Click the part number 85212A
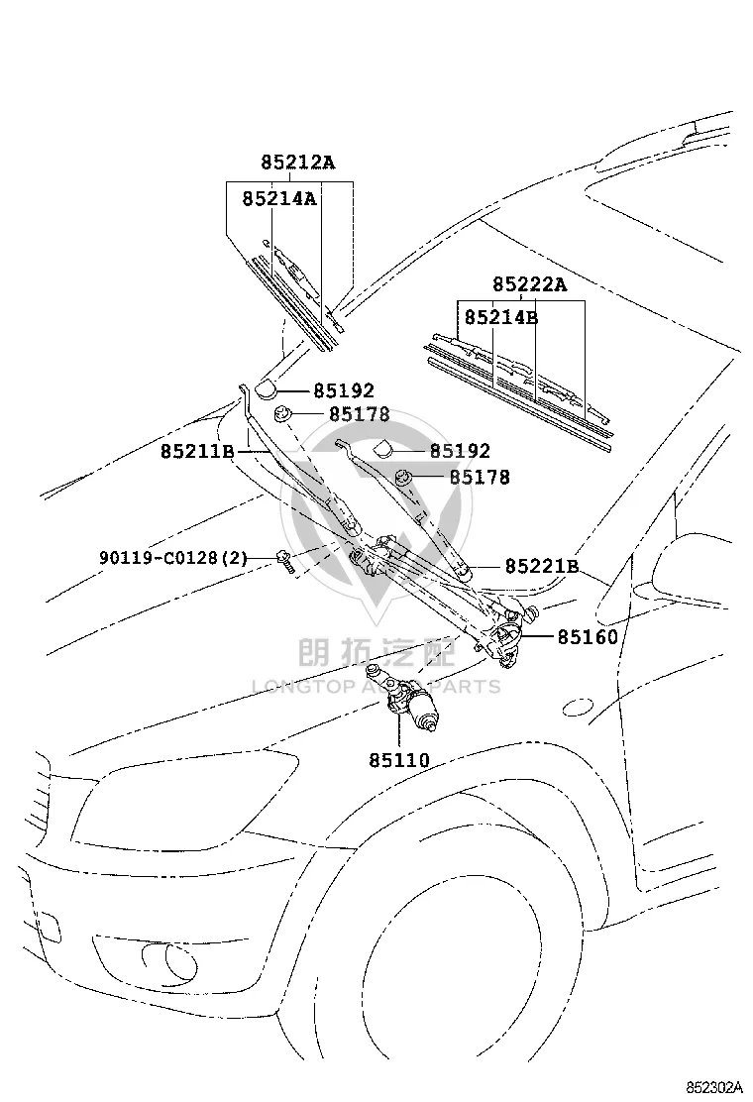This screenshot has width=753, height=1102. point(298,163)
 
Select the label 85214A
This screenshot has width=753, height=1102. point(279,199)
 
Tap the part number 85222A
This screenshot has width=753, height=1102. point(530,284)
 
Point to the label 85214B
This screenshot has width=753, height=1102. point(501,318)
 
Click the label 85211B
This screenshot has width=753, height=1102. point(197,451)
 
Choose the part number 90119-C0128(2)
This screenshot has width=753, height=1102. point(173,558)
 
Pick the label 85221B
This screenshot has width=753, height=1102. point(542,566)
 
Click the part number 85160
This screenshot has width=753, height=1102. point(588,637)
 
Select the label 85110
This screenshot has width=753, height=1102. point(399,760)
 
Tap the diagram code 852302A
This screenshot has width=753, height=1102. point(715,1086)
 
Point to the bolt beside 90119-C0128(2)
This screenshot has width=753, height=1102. point(285,561)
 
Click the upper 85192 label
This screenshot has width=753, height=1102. point(344,390)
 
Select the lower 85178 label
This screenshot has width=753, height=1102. point(480,478)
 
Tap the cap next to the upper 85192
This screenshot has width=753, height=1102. point(267,388)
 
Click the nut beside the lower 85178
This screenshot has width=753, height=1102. point(403,478)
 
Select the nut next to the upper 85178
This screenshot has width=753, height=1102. point(282,414)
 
